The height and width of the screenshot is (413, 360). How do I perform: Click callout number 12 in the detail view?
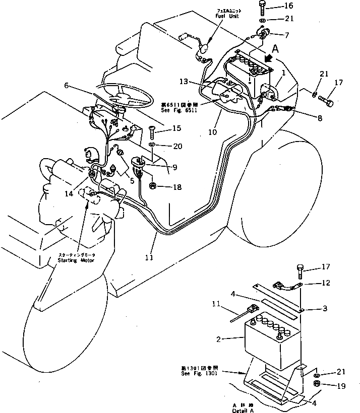326,283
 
